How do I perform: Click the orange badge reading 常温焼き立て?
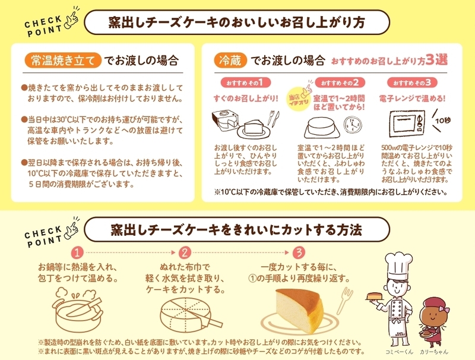point(63,61)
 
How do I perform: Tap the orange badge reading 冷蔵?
point(230,61)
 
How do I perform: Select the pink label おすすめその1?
point(246,83)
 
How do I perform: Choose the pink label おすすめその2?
point(340,83)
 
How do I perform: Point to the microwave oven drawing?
point(407,124)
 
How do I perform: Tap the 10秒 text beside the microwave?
point(443,121)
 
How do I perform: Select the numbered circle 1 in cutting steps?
point(77,252)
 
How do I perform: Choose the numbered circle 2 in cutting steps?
point(185,252)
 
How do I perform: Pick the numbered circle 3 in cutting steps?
point(299,252)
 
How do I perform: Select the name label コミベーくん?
point(399,352)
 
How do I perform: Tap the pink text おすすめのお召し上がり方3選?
point(389,61)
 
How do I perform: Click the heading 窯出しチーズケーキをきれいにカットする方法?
point(236,230)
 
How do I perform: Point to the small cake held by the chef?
point(375,296)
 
